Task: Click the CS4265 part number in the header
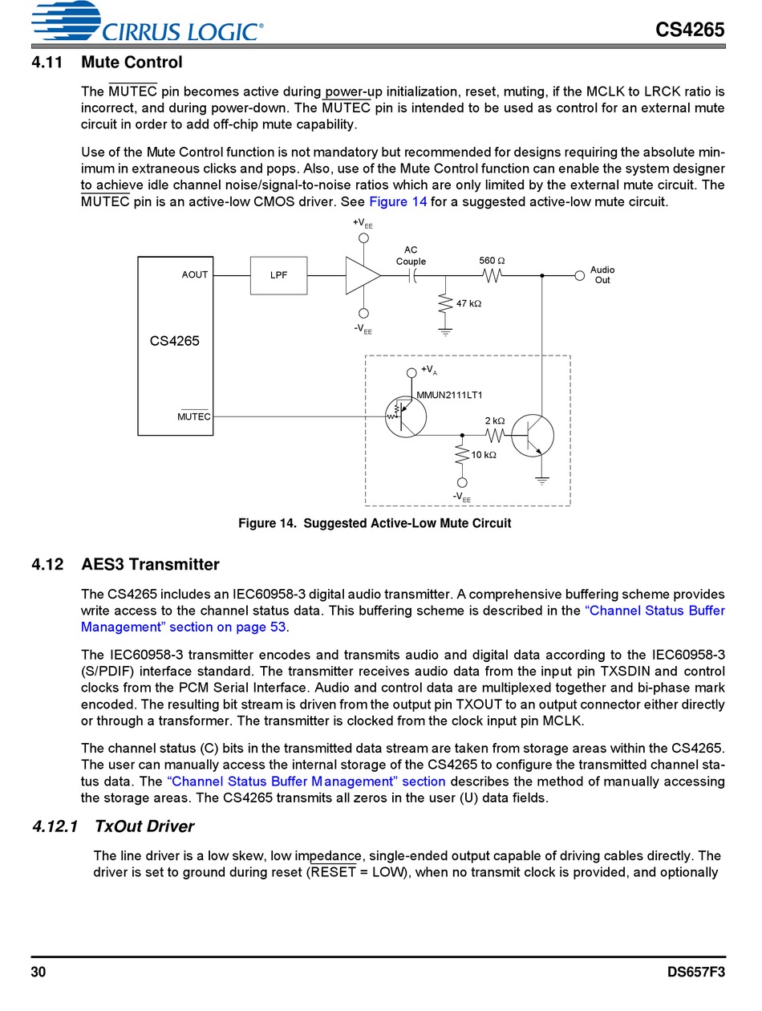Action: (x=689, y=30)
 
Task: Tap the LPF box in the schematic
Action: (x=278, y=275)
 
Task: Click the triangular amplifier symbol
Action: (x=362, y=275)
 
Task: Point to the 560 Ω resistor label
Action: (x=492, y=261)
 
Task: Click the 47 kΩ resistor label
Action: (x=468, y=304)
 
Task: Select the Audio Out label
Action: (x=602, y=275)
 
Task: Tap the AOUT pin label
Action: (x=195, y=274)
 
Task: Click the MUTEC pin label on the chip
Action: (x=193, y=416)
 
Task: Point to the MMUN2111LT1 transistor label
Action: (x=449, y=395)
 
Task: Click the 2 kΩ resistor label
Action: (x=495, y=421)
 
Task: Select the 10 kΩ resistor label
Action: (x=484, y=455)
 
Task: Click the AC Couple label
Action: (x=411, y=256)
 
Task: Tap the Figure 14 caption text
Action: (x=375, y=523)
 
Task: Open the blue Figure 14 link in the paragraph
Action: (x=398, y=201)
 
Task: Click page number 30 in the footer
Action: (x=39, y=972)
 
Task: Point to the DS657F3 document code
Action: (x=695, y=972)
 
